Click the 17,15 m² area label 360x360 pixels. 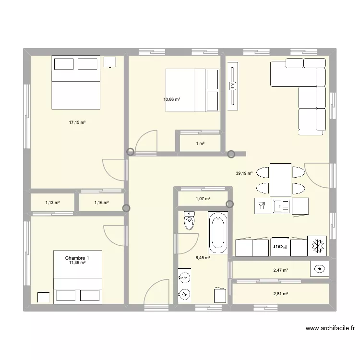[77, 123]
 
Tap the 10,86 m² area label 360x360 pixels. [171, 99]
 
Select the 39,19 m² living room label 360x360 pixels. [244, 174]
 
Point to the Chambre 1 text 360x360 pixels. [77, 258]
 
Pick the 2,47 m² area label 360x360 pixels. [281, 270]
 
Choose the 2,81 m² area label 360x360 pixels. [281, 294]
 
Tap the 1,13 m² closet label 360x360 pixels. [52, 203]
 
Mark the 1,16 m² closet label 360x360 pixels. [101, 203]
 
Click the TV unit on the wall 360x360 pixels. [232, 86]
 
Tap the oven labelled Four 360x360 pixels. [280, 247]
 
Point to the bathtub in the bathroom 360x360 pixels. [217, 232]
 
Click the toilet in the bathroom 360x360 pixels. [190, 221]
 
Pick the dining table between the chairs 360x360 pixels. [280, 179]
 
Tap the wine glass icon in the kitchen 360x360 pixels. [262, 206]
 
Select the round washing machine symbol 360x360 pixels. [318, 270]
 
